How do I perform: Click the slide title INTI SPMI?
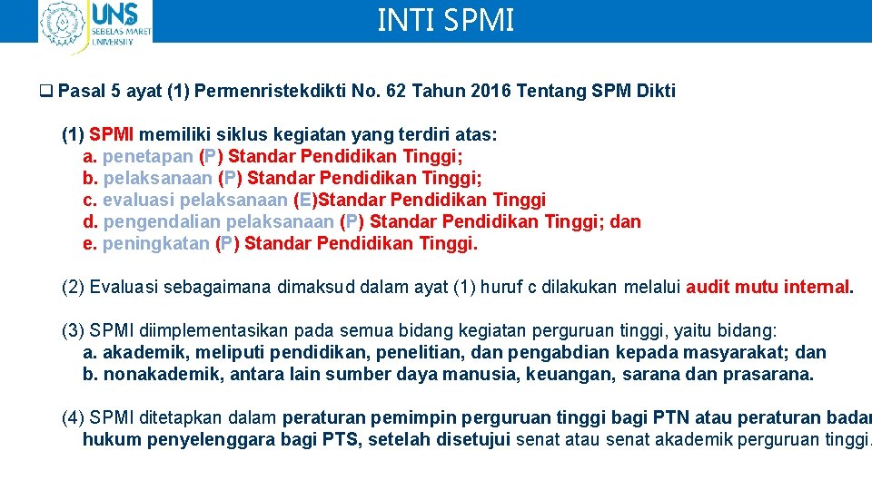tap(445, 20)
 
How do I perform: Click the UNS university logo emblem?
tap(63, 24)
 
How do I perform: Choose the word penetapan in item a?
tap(147, 156)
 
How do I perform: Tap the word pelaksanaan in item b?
tap(158, 178)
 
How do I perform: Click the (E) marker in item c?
tap(306, 200)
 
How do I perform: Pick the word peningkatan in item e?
tap(156, 243)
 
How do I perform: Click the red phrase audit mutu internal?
tap(768, 288)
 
